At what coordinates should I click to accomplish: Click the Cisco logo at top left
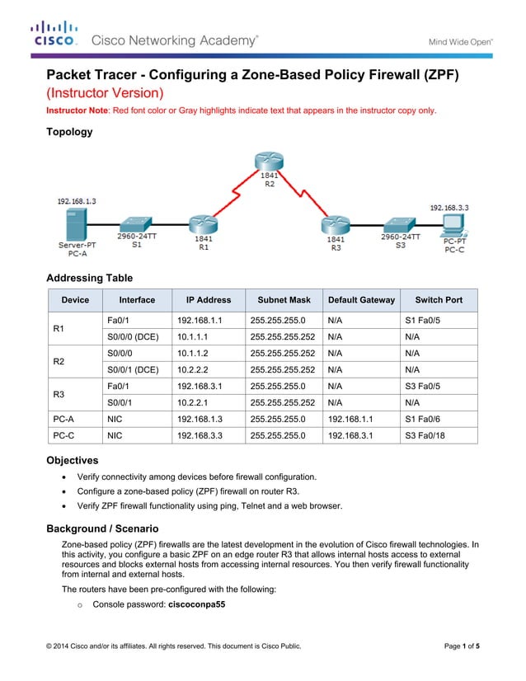point(54,33)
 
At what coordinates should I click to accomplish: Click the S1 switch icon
point(135,223)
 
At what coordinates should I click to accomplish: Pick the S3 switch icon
point(399,223)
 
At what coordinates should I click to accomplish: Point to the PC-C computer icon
point(453,224)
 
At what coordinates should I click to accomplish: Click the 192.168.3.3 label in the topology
point(449,208)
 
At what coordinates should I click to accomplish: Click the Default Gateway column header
point(361,300)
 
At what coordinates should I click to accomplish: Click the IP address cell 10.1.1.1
point(191,337)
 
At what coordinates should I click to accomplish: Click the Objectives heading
point(73,460)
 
